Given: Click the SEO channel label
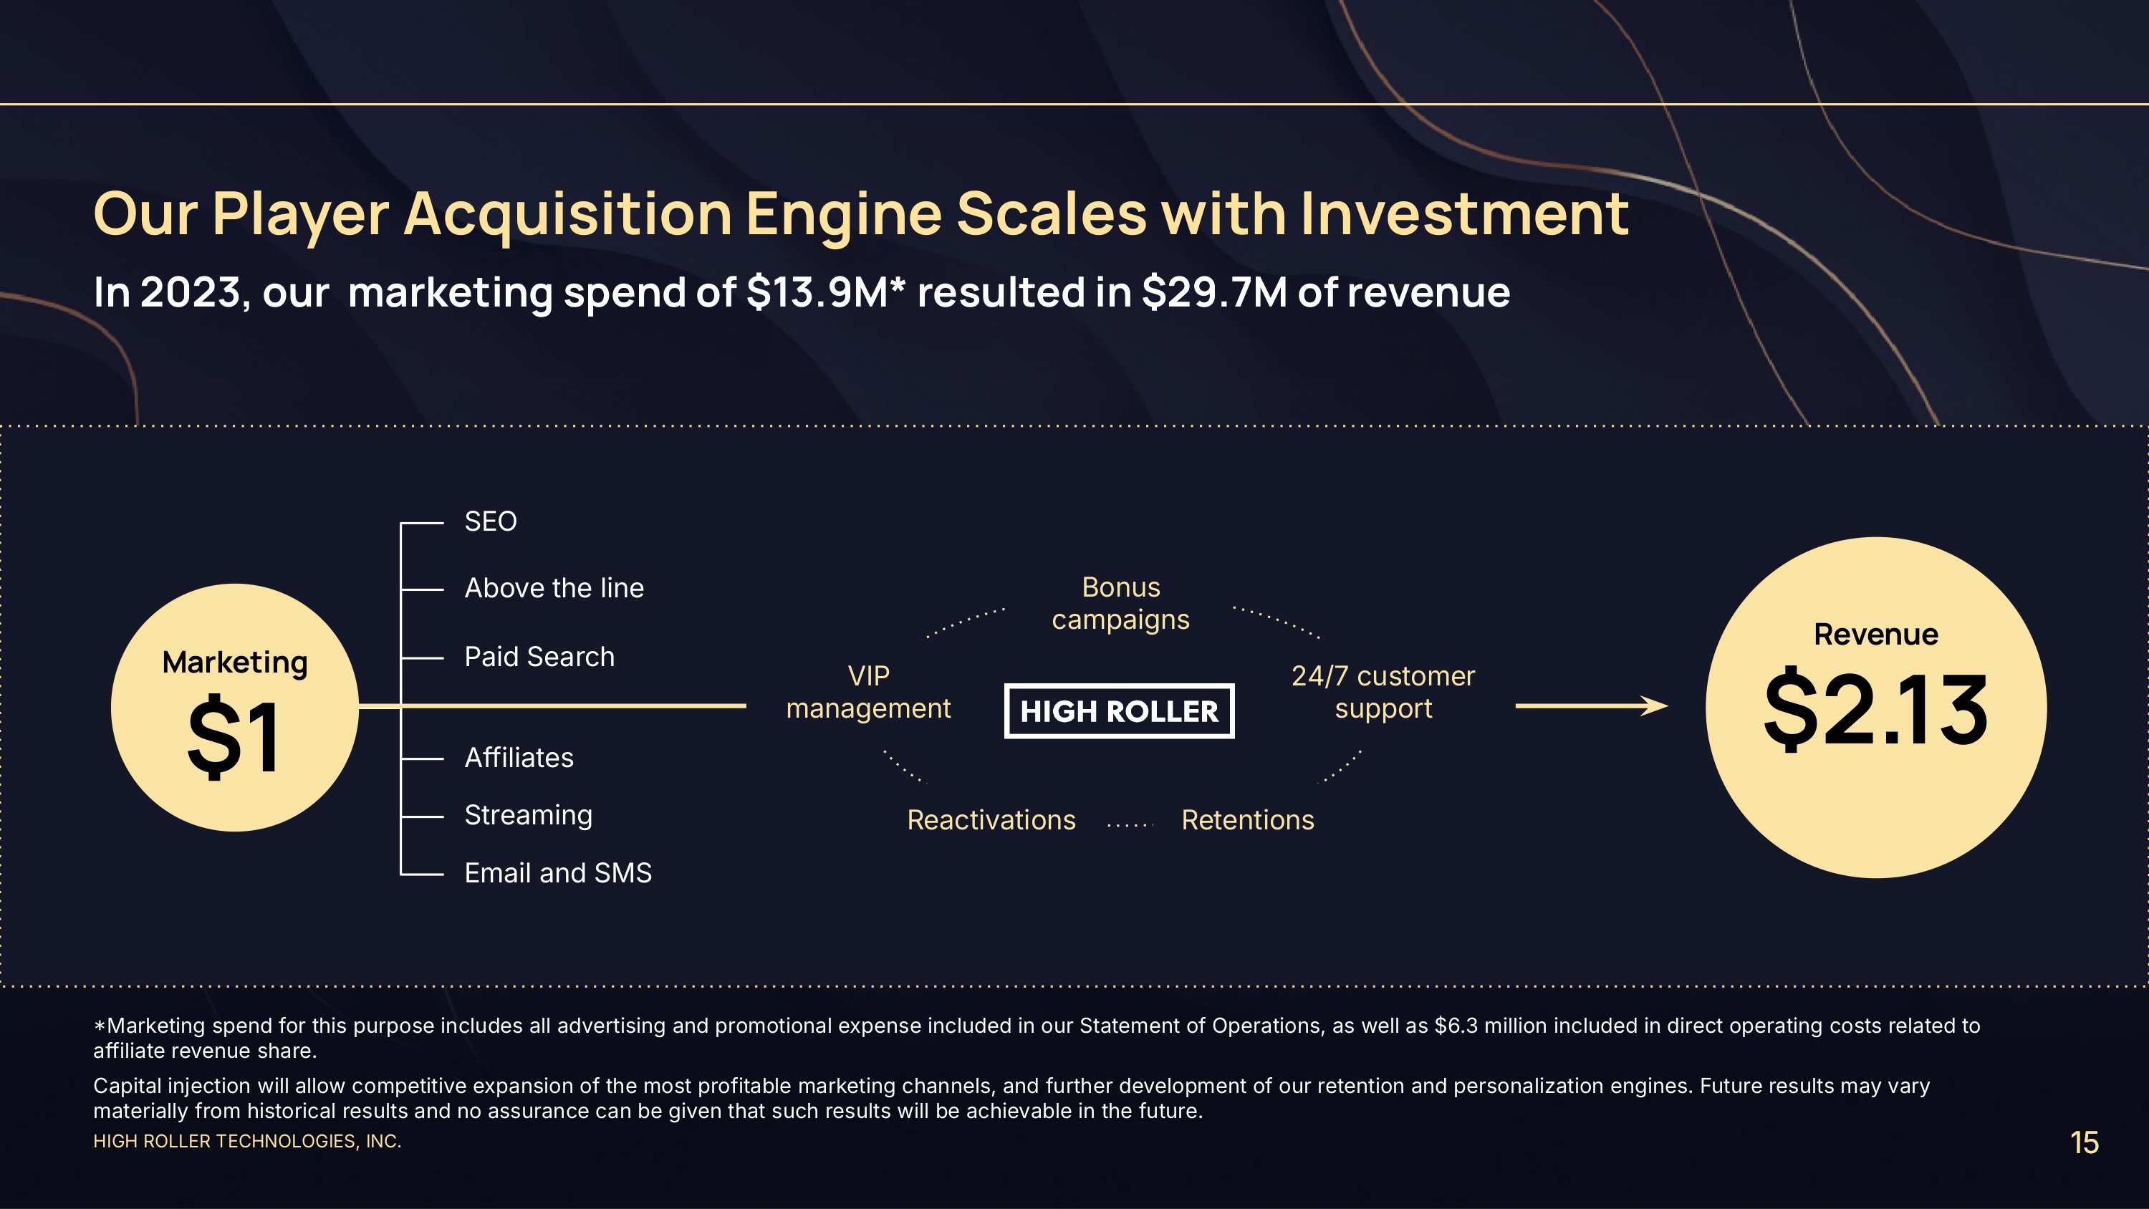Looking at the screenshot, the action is click(x=491, y=521).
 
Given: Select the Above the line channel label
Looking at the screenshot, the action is click(x=554, y=588).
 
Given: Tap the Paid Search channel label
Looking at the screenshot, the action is click(x=539, y=657).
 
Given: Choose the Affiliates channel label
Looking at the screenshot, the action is click(x=519, y=758).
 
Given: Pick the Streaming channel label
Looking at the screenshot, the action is click(x=528, y=816).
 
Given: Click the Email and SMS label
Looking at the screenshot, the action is click(x=558, y=873).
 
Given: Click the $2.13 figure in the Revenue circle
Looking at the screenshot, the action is click(x=1875, y=710).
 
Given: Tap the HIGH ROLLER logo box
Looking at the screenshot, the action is click(x=1119, y=711).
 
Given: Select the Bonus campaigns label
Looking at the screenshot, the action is click(x=1120, y=603).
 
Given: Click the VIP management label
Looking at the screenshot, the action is click(x=868, y=692).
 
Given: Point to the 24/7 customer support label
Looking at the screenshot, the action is click(x=1383, y=692).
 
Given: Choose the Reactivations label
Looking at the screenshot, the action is click(x=991, y=820).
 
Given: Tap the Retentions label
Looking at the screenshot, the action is click(x=1248, y=820).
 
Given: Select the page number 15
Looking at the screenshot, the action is click(x=2084, y=1142).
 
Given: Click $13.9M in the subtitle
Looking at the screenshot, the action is click(x=817, y=292).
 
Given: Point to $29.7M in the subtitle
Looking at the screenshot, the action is click(x=1213, y=292).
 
